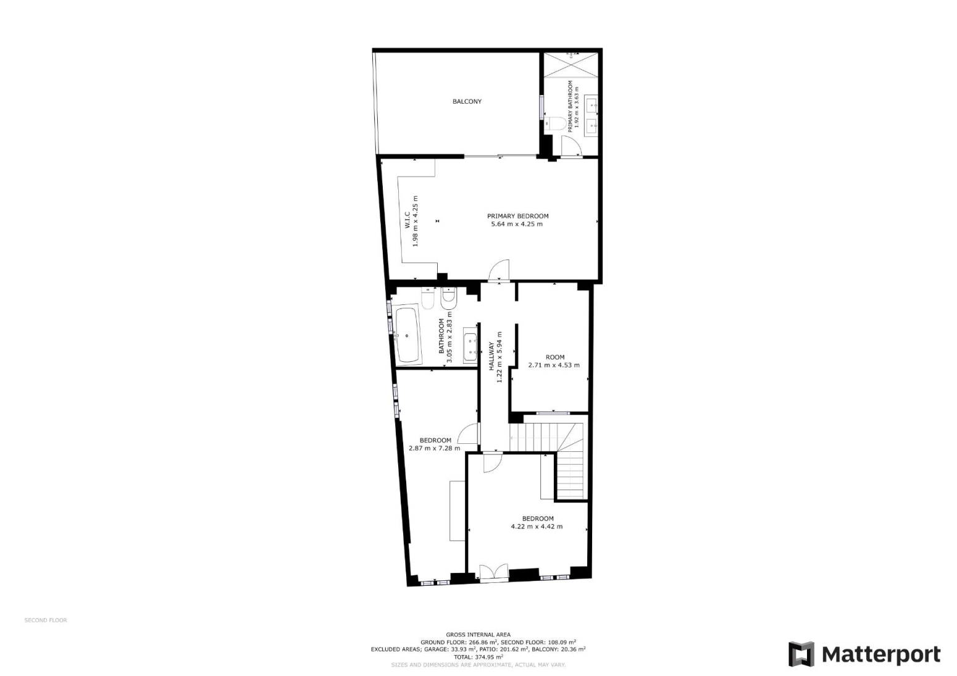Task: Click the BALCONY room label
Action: (467, 101)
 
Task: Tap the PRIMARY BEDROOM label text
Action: (518, 216)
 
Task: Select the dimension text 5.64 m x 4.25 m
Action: (517, 224)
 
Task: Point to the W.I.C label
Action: (407, 220)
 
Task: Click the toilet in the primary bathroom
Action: (556, 123)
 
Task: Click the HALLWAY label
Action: (491, 356)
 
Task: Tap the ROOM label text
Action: (555, 357)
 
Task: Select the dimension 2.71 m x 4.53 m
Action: (554, 365)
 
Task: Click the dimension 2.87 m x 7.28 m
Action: (435, 448)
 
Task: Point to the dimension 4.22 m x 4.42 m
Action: (537, 527)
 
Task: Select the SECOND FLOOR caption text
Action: (46, 620)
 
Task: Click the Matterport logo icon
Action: (801, 654)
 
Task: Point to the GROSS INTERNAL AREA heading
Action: (478, 635)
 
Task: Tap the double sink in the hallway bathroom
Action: (470, 347)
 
